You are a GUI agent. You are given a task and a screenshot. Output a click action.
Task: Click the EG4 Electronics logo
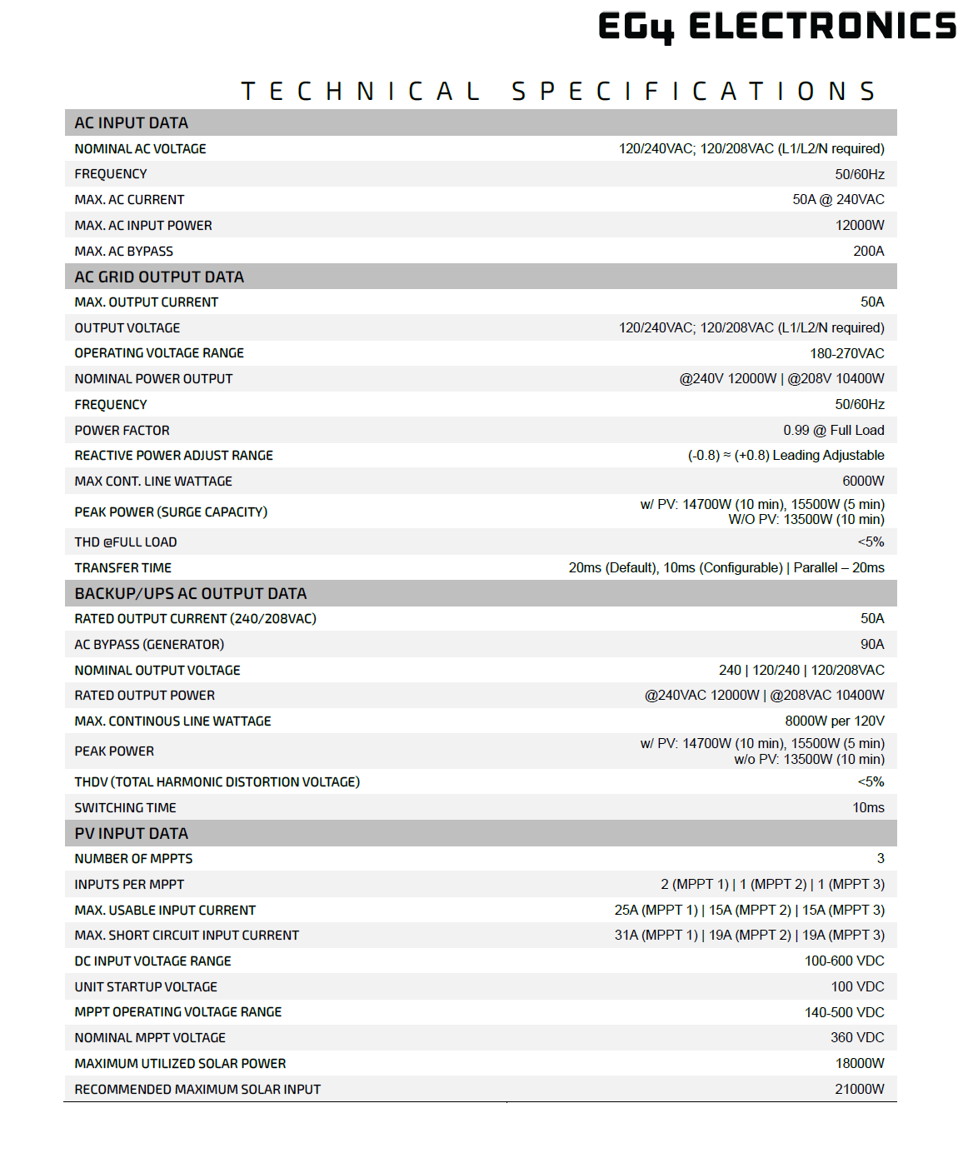pyautogui.click(x=776, y=26)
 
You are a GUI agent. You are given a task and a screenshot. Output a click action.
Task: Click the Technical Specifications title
pyautogui.click(x=558, y=91)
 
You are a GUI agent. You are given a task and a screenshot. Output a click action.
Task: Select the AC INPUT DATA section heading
pyautogui.click(x=132, y=122)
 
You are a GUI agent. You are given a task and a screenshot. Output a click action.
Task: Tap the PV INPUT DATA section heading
pyautogui.click(x=132, y=833)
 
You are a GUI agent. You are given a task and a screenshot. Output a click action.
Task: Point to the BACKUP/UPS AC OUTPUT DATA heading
pyautogui.click(x=191, y=593)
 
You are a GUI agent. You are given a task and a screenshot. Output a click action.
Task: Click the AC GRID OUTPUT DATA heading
pyautogui.click(x=159, y=277)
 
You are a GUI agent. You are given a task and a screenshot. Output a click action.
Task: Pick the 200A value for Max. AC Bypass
pyautogui.click(x=868, y=251)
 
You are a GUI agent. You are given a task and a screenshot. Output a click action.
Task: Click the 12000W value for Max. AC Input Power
pyautogui.click(x=860, y=225)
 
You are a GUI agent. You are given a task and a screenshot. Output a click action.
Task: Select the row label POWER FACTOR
pyautogui.click(x=122, y=430)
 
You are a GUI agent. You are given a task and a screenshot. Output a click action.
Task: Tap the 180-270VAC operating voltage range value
pyautogui.click(x=846, y=353)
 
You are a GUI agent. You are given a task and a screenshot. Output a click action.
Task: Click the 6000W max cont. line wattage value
pyautogui.click(x=863, y=481)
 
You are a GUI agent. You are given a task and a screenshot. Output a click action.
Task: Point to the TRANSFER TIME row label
pyautogui.click(x=123, y=567)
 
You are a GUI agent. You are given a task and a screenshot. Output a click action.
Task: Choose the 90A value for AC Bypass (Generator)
pyautogui.click(x=872, y=644)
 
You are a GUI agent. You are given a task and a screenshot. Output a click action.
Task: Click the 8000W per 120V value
pyautogui.click(x=834, y=721)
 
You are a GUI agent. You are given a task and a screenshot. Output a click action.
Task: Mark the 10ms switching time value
pyautogui.click(x=868, y=807)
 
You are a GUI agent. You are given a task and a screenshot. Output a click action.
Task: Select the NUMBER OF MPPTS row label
pyautogui.click(x=133, y=858)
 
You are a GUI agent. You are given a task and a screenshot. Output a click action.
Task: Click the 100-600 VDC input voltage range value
pyautogui.click(x=844, y=961)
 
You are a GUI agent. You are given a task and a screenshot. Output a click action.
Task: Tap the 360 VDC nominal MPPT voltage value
pyautogui.click(x=857, y=1037)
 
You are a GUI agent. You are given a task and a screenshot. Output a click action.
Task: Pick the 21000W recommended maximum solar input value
pyautogui.click(x=860, y=1089)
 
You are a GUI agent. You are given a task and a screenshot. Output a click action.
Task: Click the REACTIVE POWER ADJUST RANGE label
pyautogui.click(x=174, y=455)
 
